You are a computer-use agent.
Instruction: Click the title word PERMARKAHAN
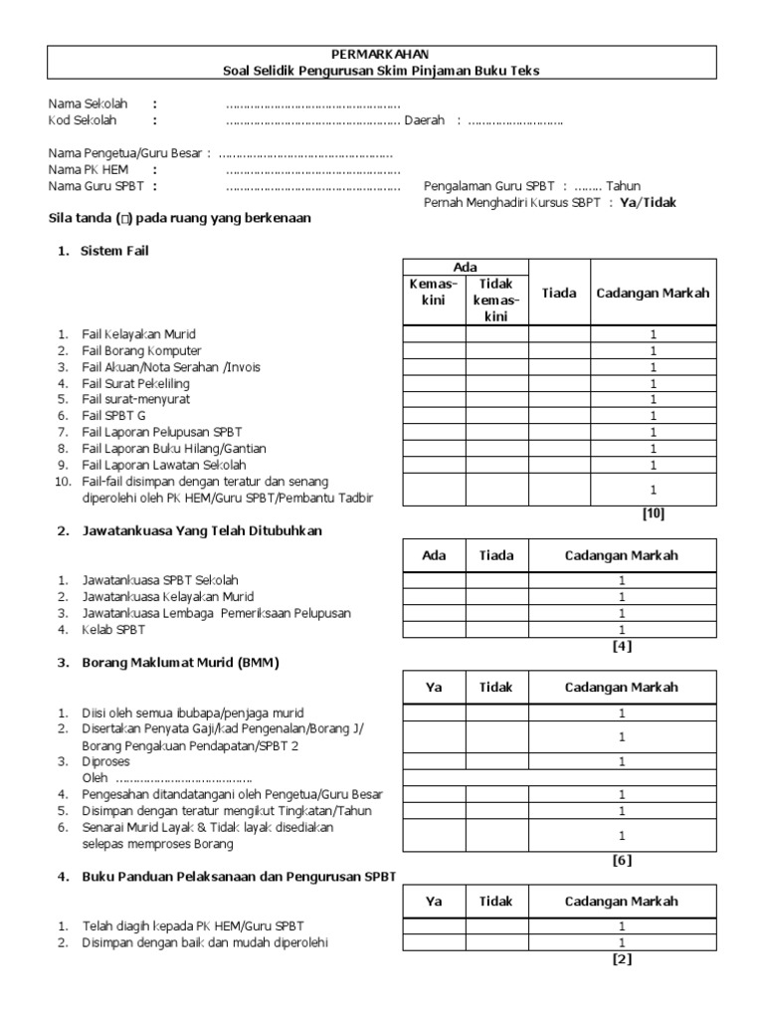382,54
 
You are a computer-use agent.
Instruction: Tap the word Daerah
424,120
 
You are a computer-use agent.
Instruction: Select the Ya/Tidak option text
648,201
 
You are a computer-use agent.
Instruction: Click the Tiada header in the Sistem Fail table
558,293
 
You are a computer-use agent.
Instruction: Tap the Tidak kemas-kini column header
496,301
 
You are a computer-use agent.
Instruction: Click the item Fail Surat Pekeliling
135,383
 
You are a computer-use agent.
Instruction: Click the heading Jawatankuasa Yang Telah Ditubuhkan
202,531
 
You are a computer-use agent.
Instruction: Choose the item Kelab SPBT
113,629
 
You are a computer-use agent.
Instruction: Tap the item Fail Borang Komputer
141,350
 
